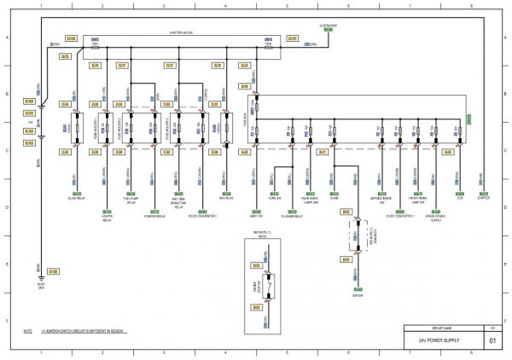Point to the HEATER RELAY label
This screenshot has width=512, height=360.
107,218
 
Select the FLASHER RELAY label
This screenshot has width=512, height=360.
294,217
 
